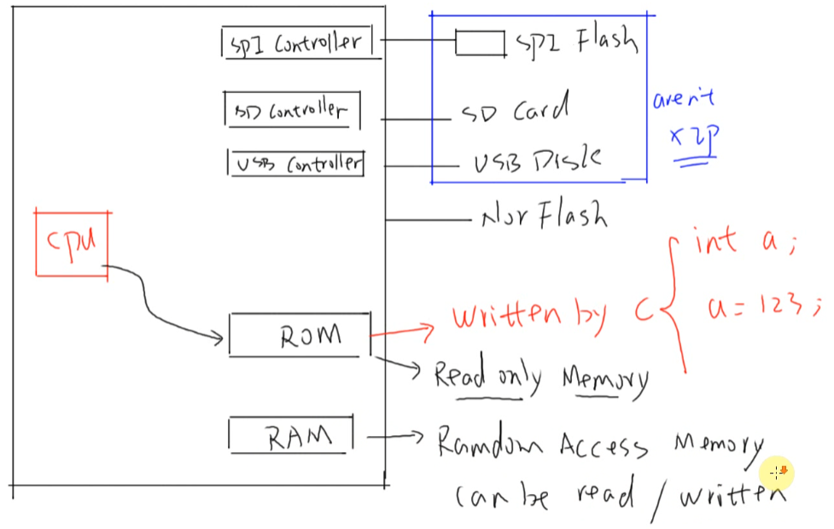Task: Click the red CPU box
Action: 73,242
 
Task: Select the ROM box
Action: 300,335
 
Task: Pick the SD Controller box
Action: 292,111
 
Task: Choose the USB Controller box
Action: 295,163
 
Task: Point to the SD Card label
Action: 515,111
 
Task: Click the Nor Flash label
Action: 544,218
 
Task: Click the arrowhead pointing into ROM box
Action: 219,340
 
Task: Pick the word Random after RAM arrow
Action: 493,443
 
